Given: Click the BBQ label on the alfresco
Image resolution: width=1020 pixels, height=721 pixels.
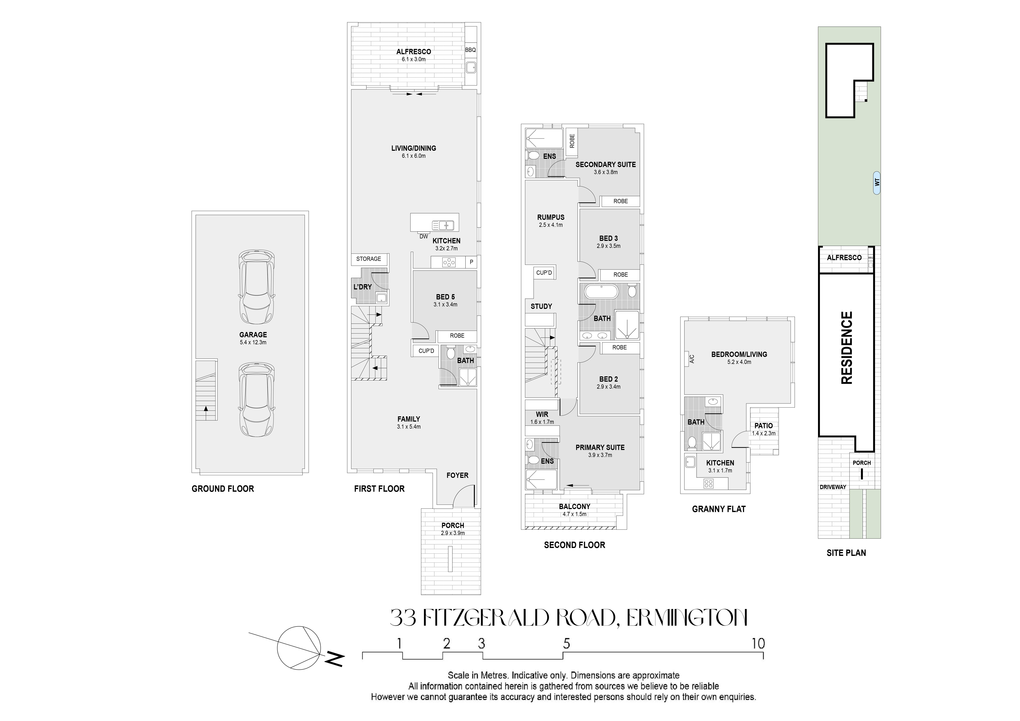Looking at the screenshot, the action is [x=470, y=50].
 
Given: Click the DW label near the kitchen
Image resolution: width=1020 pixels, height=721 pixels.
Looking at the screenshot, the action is [x=424, y=237].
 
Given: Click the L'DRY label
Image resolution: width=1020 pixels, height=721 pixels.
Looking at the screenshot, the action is [x=362, y=287].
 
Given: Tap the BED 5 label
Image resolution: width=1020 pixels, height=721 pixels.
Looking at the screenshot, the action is [x=445, y=297].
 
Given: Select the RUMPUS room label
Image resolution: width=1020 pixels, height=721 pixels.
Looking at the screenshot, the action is [x=551, y=217].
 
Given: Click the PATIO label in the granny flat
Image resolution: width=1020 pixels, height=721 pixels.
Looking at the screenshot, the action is [x=764, y=426].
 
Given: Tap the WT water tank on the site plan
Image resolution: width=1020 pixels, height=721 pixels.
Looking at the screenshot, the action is [x=877, y=183].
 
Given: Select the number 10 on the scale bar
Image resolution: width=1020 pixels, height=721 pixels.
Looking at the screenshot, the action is [x=758, y=643].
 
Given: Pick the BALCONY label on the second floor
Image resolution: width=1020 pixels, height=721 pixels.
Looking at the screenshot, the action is [x=574, y=506].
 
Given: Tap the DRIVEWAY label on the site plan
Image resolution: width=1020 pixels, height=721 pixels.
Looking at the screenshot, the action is [x=833, y=487].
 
